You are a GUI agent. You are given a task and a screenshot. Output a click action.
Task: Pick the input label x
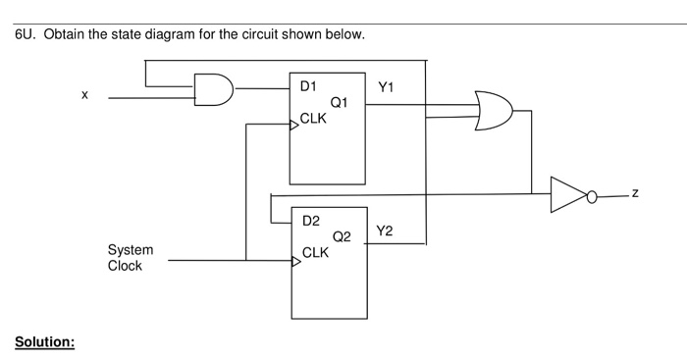[84, 94]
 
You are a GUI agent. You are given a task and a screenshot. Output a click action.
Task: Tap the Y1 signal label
[386, 87]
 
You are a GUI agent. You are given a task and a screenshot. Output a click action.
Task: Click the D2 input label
[310, 221]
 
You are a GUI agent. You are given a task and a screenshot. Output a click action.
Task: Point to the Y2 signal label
[385, 231]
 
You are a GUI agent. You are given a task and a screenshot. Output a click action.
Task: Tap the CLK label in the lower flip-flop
[316, 252]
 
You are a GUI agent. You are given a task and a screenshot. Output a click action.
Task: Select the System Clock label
[130, 258]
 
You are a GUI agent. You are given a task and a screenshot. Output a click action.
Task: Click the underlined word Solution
[44, 342]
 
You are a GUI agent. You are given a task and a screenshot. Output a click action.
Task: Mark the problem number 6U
[26, 35]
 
